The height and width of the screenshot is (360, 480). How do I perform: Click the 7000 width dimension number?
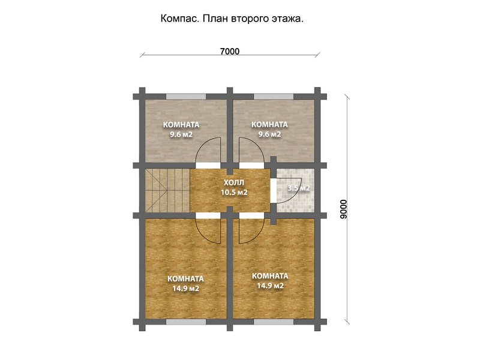230,52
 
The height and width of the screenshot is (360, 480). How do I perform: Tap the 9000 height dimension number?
343,209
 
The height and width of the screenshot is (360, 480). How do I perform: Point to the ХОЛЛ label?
234,183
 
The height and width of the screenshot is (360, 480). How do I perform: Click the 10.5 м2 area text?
234,193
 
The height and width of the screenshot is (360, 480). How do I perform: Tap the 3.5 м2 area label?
298,188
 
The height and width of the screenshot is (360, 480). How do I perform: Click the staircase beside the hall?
167,191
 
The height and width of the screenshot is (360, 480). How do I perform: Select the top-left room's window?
186,97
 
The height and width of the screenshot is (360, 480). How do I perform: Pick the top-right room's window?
274,97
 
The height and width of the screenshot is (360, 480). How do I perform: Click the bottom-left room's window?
186,322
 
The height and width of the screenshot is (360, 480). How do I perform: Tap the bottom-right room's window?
274,322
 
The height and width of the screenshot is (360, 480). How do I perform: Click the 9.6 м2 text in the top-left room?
181,134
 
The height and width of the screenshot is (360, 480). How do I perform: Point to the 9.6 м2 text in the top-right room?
269,134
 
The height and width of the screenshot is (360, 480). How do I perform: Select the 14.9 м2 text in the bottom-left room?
185,289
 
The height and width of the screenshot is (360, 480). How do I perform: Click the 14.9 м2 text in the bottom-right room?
270,286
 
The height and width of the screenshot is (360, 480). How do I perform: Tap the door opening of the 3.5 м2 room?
273,190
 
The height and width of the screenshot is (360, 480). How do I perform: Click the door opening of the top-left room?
208,166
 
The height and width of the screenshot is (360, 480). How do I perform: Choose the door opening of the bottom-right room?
251,216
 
